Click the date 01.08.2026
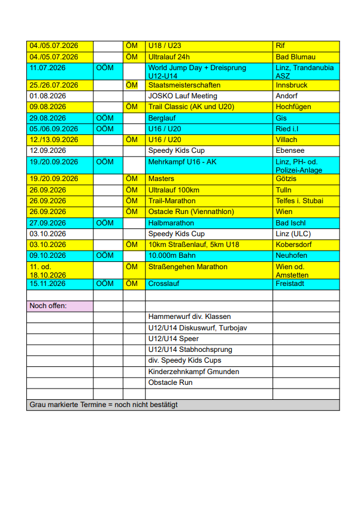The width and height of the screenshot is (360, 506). [x=47, y=96]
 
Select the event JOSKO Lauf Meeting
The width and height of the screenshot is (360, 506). [x=183, y=96]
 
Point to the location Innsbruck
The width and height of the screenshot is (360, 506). [x=291, y=85]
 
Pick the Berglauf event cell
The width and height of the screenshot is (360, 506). [x=162, y=118]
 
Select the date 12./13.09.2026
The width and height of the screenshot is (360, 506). [x=55, y=140]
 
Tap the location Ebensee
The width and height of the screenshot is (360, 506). [x=291, y=150]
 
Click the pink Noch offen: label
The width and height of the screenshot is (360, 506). [x=49, y=306]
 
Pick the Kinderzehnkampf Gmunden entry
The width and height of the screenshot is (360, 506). [x=193, y=372]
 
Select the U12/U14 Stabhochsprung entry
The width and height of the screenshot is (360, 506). [x=190, y=350]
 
